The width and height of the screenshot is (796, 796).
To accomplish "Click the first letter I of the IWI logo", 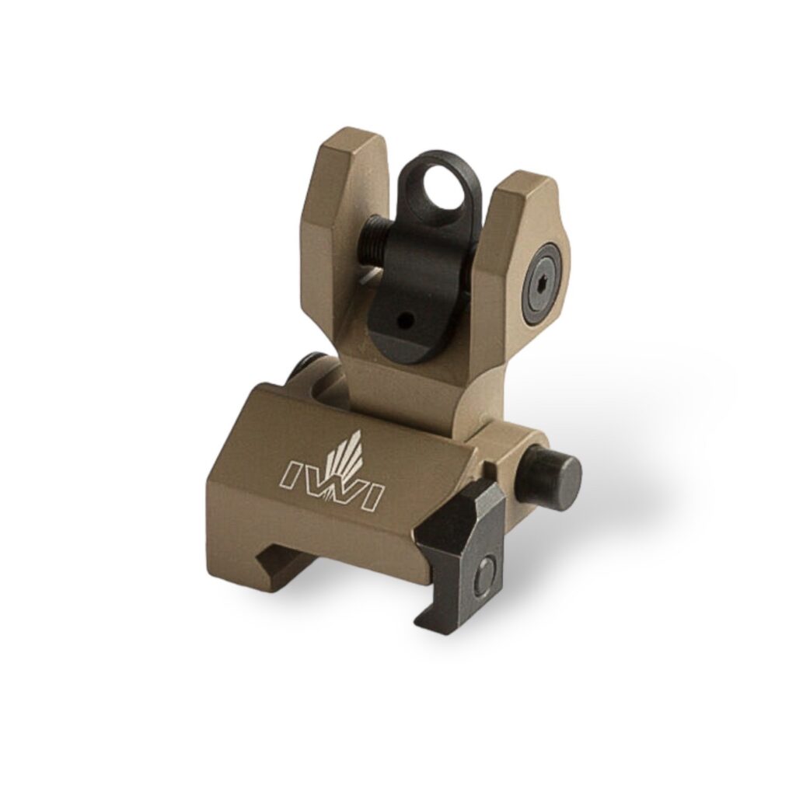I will (x=294, y=471).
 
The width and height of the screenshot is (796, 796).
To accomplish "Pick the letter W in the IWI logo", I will (x=334, y=487).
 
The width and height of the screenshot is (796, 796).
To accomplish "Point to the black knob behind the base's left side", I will (x=307, y=365).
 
